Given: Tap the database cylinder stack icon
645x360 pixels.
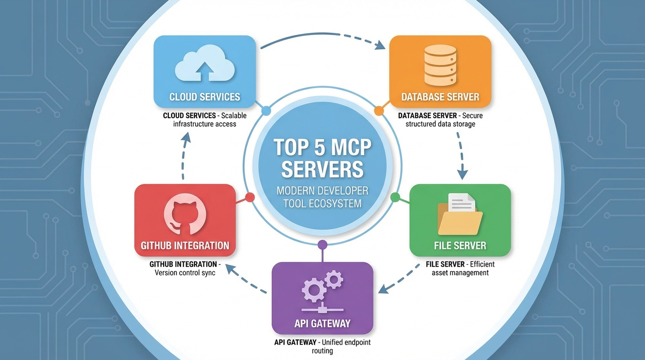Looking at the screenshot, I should (x=440, y=65).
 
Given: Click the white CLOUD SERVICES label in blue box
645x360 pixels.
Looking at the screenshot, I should (x=205, y=97).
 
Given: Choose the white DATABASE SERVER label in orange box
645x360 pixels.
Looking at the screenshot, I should (x=440, y=97).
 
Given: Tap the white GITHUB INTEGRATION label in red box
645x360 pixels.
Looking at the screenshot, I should (x=185, y=245).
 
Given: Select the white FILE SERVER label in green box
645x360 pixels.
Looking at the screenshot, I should (x=460, y=245).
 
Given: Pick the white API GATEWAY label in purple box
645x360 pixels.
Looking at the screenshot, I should (x=322, y=323).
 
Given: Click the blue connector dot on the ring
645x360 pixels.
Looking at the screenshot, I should (x=266, y=111).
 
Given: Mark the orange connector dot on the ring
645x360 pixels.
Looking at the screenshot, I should (x=379, y=111).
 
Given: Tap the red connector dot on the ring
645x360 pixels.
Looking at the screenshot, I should (x=250, y=197).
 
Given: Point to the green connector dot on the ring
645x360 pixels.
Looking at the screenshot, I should (x=395, y=197).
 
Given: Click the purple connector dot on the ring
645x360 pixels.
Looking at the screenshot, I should (x=322, y=244).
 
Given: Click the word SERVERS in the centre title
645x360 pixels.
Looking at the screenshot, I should (x=322, y=169).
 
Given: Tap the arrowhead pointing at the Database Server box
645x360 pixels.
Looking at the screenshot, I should (x=380, y=45).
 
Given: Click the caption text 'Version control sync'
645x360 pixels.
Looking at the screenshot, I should (x=185, y=272).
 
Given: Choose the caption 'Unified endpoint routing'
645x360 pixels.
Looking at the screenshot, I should (x=322, y=346).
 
